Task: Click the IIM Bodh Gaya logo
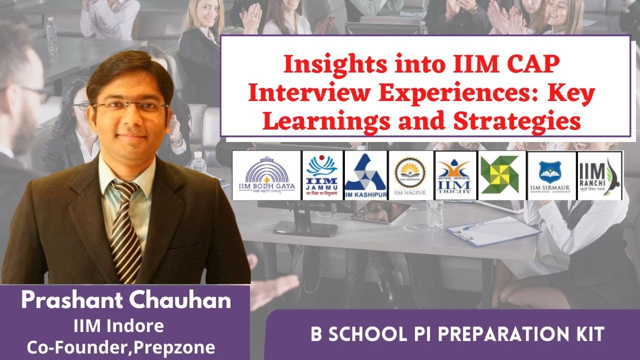pyautogui.click(x=266, y=175)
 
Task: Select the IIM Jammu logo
pyautogui.click(x=322, y=175)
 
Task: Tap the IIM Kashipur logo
pyautogui.click(x=366, y=175)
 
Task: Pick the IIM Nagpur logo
pyautogui.click(x=410, y=175)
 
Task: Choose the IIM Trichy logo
pyautogui.click(x=455, y=175)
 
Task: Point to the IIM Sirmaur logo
pyautogui.click(x=551, y=175)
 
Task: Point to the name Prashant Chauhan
pyautogui.click(x=126, y=300)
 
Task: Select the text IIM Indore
pyautogui.click(x=118, y=326)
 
